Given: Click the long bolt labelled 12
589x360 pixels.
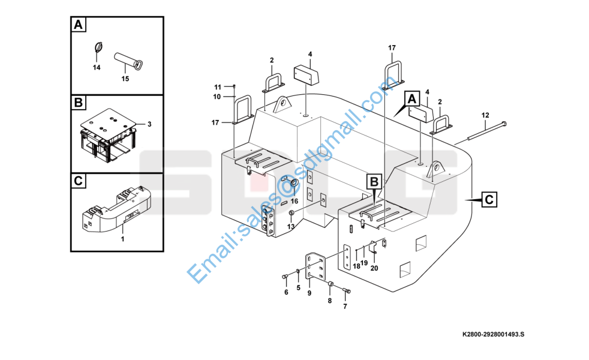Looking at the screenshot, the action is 486,131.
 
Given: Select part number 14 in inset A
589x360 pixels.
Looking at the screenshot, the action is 97,68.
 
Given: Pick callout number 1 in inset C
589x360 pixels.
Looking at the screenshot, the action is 122,239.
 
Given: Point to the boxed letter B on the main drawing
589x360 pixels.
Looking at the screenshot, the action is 374,182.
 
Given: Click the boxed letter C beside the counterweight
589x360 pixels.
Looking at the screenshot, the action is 489,199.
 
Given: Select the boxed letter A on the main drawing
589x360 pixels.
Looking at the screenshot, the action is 411,99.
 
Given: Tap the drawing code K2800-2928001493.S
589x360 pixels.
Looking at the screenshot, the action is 493,334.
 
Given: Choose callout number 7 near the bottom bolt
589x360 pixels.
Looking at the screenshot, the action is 345,307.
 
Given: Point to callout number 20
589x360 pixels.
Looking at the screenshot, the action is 374,268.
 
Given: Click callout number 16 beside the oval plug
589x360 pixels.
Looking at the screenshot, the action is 294,202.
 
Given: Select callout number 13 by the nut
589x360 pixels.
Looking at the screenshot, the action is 291,227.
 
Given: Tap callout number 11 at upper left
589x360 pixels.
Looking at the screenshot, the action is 218,88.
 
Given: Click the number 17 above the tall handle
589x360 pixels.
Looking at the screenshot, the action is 392,48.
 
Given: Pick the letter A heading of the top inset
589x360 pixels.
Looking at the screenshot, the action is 78,25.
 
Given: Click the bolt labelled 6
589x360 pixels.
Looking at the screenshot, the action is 285,277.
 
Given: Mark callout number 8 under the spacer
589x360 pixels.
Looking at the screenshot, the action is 330,301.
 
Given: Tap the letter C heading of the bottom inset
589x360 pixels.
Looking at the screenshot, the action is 78,181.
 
